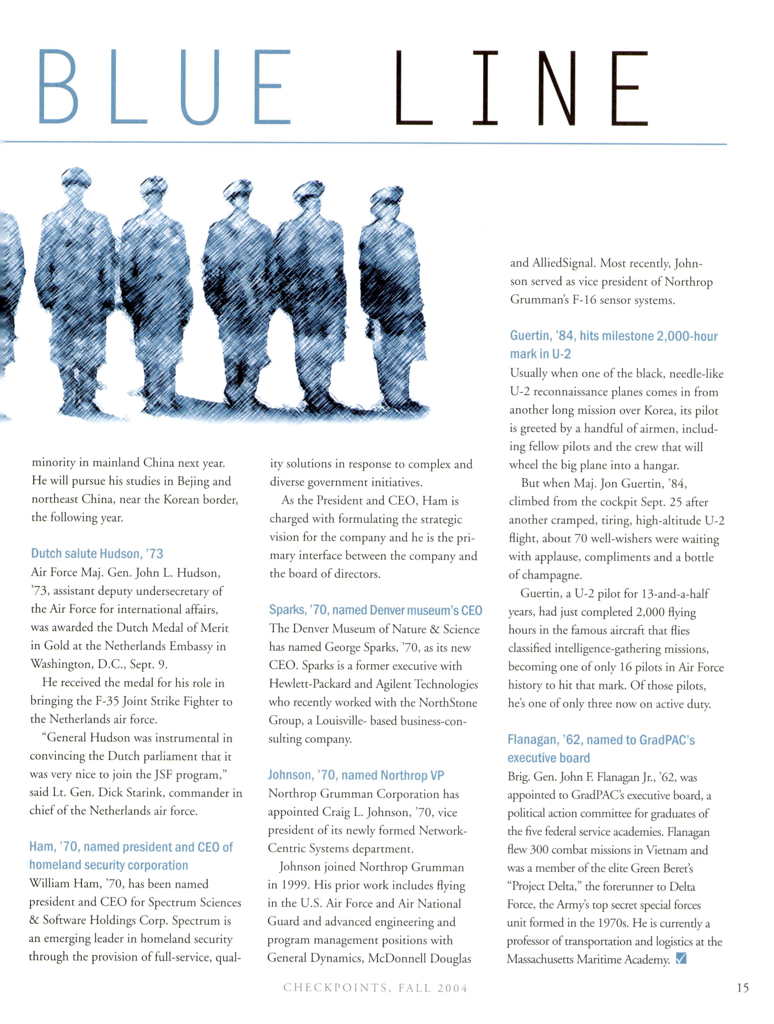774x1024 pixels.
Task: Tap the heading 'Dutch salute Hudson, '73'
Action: pyautogui.click(x=97, y=554)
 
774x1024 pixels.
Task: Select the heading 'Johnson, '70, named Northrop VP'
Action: pyautogui.click(x=356, y=775)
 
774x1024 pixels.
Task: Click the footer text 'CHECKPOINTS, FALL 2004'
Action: pyautogui.click(x=375, y=988)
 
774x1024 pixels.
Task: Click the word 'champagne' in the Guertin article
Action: pyautogui.click(x=551, y=575)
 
